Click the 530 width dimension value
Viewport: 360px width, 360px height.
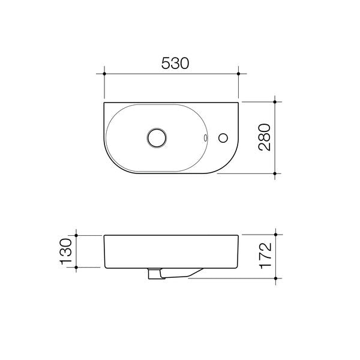point(172,63)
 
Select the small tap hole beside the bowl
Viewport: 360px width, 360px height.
point(224,138)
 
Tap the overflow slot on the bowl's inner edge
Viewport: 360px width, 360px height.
point(206,138)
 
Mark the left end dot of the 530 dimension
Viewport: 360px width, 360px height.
point(104,74)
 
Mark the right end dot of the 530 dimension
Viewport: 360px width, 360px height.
point(239,74)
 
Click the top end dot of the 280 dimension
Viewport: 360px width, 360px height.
point(275,102)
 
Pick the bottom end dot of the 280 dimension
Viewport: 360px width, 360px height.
point(275,173)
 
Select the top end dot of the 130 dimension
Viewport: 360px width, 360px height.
point(76,235)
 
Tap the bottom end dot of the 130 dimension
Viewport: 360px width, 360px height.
point(76,268)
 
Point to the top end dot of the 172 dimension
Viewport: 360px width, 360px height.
point(275,235)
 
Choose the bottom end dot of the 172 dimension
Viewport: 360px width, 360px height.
point(275,278)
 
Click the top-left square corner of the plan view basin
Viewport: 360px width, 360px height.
point(104,103)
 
